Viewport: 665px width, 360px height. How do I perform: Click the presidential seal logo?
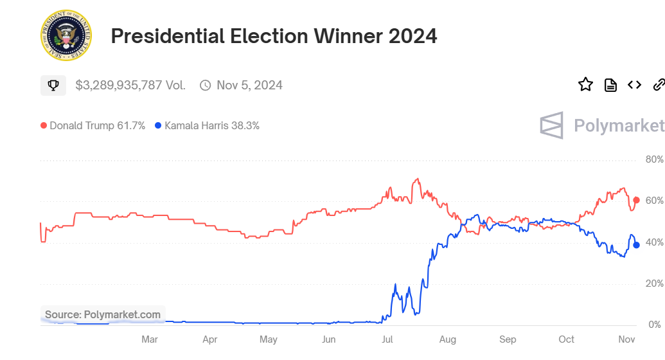[66, 36]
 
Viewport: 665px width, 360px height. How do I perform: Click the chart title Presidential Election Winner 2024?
[274, 36]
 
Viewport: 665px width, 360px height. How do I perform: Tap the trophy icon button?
[53, 85]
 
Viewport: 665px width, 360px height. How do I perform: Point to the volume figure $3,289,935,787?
[130, 85]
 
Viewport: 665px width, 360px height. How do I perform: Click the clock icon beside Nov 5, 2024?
[206, 85]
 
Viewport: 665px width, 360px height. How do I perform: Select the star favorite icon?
[585, 84]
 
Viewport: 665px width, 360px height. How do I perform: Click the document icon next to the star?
[610, 84]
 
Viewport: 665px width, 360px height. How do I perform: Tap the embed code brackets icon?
[635, 84]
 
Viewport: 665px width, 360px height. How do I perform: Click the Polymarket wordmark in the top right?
[602, 125]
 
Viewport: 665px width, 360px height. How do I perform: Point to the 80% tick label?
[654, 159]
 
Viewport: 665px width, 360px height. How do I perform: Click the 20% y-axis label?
[654, 283]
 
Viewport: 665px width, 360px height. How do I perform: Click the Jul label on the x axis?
[387, 339]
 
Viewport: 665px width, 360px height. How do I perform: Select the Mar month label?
[150, 339]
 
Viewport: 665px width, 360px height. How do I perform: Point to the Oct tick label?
[567, 339]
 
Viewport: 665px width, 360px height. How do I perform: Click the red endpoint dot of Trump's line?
[636, 200]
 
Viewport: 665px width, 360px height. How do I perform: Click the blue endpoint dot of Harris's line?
[636, 245]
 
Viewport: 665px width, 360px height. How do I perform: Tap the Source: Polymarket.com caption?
[103, 314]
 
